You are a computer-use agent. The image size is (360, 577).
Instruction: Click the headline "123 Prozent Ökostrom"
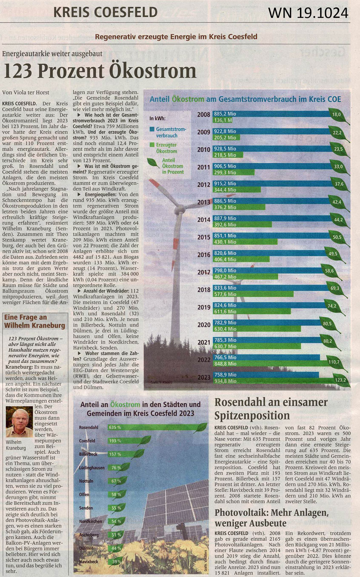[x=100, y=71]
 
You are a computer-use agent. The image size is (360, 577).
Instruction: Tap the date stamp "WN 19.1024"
[x=308, y=13]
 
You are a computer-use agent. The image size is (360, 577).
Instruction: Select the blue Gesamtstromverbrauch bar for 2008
[x=272, y=114]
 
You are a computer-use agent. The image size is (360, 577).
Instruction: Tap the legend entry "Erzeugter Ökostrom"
[x=166, y=148]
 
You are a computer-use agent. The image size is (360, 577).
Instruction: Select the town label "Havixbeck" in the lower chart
[x=89, y=562]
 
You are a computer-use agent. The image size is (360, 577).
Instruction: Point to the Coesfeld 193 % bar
[x=123, y=441]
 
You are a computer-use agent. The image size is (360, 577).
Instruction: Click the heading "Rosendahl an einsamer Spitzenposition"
[x=271, y=409]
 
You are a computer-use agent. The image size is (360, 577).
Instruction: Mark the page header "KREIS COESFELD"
[x=105, y=13]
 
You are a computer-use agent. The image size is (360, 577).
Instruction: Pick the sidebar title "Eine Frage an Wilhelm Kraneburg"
[x=34, y=322]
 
